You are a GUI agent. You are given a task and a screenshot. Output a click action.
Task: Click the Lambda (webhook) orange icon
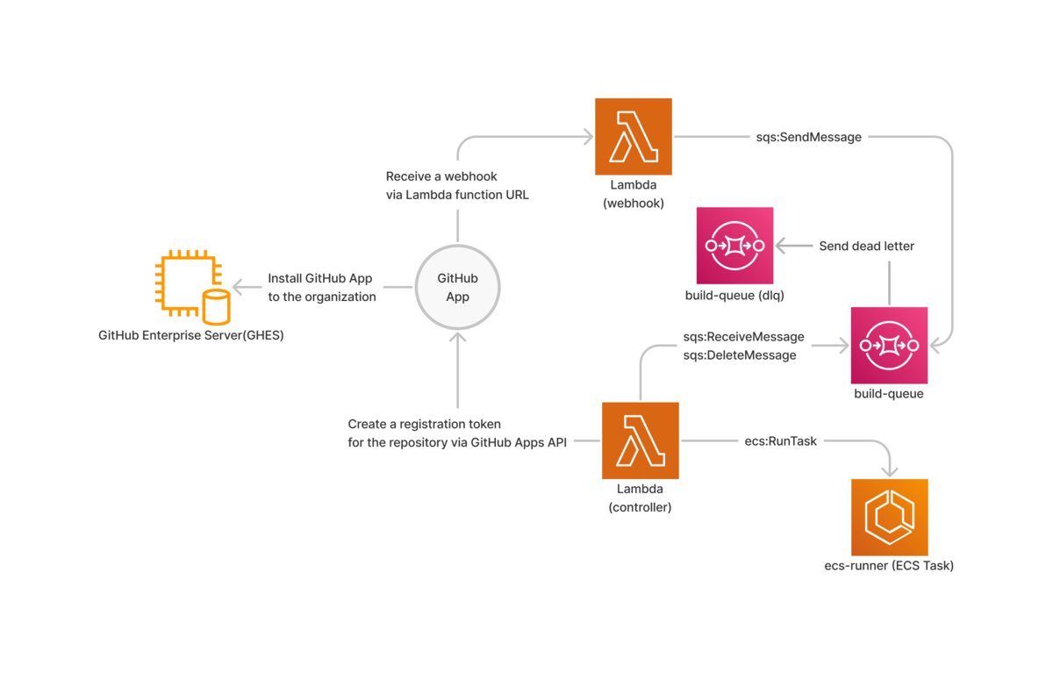pos(633,136)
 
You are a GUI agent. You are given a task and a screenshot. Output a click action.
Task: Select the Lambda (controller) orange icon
pos(640,440)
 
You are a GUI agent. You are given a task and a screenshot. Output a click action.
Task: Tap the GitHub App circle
pos(457,287)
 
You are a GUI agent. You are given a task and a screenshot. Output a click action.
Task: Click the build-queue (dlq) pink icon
pos(734,246)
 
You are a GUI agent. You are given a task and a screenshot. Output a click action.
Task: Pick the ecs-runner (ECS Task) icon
pos(889,517)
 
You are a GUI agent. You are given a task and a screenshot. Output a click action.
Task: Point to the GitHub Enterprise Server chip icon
pos(186,282)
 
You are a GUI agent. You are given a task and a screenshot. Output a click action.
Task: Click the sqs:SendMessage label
pos(808,137)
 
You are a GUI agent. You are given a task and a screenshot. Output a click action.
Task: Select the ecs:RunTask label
pos(780,441)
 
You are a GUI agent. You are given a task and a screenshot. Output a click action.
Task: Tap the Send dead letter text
pos(866,247)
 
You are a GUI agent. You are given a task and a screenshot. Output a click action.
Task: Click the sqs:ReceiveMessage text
pos(743,337)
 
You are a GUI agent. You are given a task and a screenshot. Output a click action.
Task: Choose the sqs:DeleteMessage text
pos(740,355)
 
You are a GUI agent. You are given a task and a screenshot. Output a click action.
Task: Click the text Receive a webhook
pos(441,176)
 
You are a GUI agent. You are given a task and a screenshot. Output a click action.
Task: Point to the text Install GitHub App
pos(320,278)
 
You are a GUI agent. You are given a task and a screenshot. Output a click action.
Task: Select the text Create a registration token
pos(424,424)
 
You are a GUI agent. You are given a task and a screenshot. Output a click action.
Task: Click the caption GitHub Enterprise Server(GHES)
pos(190,335)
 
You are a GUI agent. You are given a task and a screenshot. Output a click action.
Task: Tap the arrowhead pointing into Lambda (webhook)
pos(588,136)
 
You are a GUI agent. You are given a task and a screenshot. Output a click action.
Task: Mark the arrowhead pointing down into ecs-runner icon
pos(890,471)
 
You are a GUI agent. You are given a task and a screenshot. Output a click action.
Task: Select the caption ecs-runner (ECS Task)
pos(889,566)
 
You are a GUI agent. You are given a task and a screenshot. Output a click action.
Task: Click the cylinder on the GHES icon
pos(216,306)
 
